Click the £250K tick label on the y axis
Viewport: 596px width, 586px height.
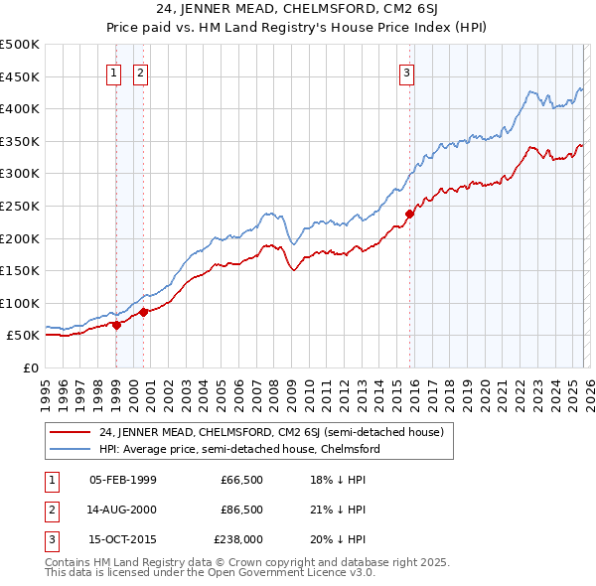pos(20,206)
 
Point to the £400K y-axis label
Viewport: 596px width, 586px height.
pos(20,108)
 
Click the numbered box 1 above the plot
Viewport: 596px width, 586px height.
pos(115,72)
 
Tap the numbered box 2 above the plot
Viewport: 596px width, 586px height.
pos(140,72)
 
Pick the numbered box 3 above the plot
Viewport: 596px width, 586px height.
pos(407,72)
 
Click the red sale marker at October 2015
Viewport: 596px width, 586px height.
pos(409,213)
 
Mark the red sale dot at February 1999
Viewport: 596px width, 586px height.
pos(117,324)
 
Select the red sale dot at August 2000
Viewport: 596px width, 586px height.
pos(144,312)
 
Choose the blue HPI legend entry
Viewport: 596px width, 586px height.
pos(239,449)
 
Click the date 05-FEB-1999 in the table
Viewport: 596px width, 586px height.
pos(122,480)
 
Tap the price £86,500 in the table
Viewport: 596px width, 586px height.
pos(241,509)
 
